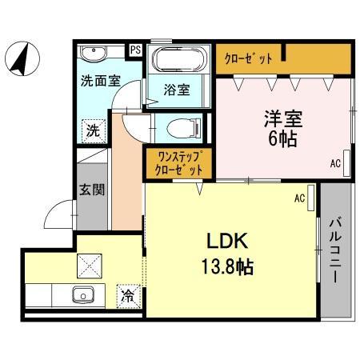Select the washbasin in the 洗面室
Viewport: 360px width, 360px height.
point(94,55)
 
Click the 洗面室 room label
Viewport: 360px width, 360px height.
point(100,81)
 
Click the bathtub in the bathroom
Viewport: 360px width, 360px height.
point(178,61)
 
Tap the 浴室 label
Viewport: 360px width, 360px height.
point(177,90)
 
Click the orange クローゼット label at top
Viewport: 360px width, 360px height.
point(248,58)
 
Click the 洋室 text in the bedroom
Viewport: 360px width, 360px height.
point(285,118)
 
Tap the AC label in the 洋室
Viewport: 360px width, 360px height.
point(335,165)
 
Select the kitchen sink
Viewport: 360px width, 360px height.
point(82,294)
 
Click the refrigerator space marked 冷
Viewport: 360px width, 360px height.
point(128,294)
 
